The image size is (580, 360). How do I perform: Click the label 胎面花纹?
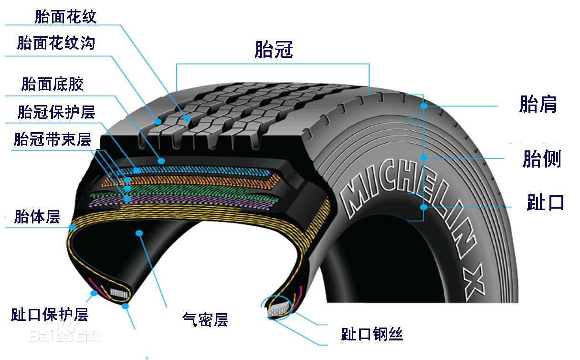pyautogui.click(x=66, y=17)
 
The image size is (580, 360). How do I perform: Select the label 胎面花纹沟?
pyautogui.click(x=56, y=43)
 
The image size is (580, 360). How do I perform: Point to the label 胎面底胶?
pyautogui.click(x=53, y=84)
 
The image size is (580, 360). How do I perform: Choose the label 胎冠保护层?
pyautogui.click(x=56, y=112)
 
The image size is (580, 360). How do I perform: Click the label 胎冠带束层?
pyautogui.click(x=53, y=140)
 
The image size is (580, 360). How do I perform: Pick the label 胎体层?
pyautogui.click(x=37, y=217)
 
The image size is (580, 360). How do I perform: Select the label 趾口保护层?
pyautogui.click(x=50, y=315)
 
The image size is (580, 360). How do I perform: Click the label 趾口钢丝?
pyautogui.click(x=372, y=334)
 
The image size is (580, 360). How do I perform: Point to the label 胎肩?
pyautogui.click(x=538, y=105)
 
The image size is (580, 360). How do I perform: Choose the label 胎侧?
pyautogui.click(x=541, y=159)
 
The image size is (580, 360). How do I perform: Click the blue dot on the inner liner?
pyautogui.click(x=139, y=233)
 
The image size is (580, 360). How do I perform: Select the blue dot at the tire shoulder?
pyautogui.click(x=423, y=106)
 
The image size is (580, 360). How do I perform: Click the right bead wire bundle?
pyautogui.click(x=277, y=310)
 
